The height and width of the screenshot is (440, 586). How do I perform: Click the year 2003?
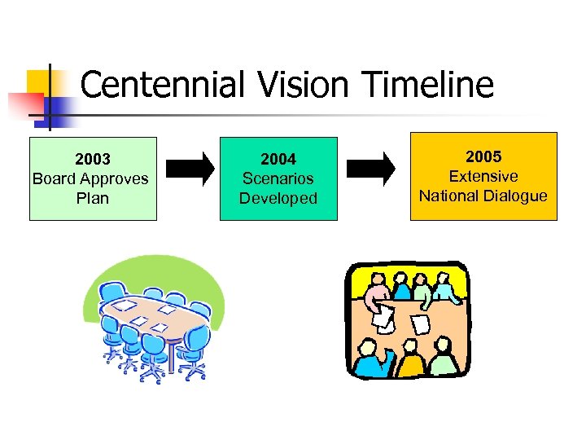coord(92,159)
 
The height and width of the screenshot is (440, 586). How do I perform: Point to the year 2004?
coord(278,159)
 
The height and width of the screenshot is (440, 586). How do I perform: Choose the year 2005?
coord(483,156)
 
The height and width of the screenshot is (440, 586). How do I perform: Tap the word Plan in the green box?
coord(92,198)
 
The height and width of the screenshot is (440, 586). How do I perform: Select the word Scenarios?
coord(278,178)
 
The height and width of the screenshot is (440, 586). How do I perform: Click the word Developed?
coord(278,198)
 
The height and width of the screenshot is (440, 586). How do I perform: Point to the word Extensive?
coord(483,176)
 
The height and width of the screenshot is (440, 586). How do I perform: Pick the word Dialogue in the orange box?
coord(518,196)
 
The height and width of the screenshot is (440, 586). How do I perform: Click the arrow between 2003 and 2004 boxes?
coord(190,169)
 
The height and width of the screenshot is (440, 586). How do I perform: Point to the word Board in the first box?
coord(51,178)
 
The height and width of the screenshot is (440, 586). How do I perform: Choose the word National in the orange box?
coord(452,196)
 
